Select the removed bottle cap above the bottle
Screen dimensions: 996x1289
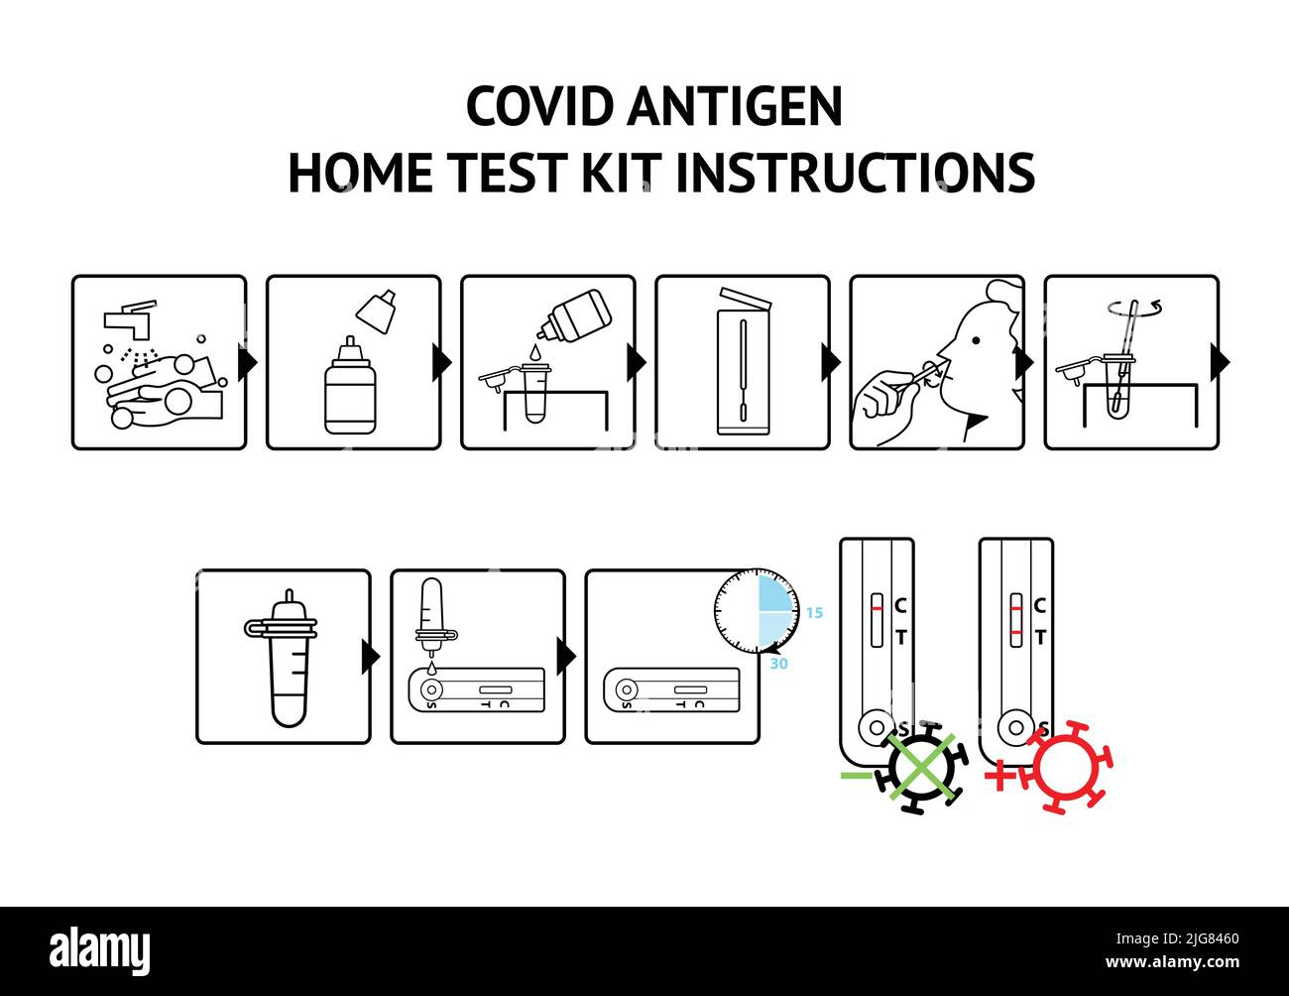(377, 310)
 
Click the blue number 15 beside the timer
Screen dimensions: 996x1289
(814, 613)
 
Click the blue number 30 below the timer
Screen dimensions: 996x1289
(779, 664)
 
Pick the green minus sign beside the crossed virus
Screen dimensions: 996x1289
(854, 775)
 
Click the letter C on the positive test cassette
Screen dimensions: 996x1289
(1039, 605)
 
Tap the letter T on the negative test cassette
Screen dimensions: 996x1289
(900, 638)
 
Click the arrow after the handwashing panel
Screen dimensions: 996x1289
(248, 362)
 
